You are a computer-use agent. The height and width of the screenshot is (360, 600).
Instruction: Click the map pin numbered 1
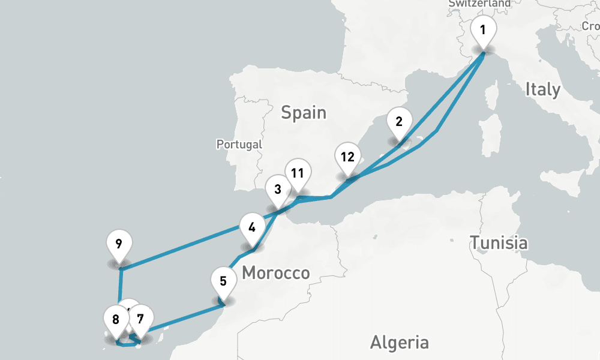[484, 29]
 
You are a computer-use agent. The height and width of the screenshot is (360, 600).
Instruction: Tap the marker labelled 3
[277, 190]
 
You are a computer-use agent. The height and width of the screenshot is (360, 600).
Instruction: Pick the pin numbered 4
[252, 227]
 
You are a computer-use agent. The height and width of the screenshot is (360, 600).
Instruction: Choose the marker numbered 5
[223, 280]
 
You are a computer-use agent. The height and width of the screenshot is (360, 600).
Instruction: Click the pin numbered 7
[141, 319]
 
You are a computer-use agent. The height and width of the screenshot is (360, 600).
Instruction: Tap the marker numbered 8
[116, 319]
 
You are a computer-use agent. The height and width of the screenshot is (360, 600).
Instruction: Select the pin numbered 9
[119, 244]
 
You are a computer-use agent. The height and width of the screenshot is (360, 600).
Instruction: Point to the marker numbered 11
[297, 173]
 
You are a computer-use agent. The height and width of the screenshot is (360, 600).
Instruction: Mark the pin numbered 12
[347, 158]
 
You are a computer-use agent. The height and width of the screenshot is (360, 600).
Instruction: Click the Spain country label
[304, 112]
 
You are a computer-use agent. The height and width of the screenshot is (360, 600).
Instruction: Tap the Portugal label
[239, 145]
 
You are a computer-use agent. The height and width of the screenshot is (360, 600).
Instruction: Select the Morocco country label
[276, 274]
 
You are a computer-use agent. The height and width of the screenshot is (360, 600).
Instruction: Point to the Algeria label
[399, 343]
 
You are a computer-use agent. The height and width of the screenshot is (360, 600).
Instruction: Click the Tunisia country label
[499, 243]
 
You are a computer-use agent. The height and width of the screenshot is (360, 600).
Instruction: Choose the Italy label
[542, 90]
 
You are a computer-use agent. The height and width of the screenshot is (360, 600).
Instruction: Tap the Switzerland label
[479, 4]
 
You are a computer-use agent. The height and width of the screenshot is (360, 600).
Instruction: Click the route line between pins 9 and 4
[180, 247]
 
